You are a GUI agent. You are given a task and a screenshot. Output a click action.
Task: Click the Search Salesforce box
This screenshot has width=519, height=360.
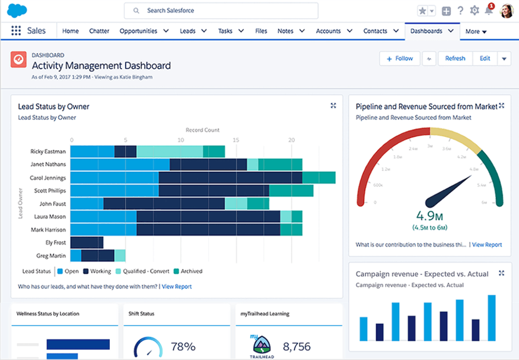(221, 11)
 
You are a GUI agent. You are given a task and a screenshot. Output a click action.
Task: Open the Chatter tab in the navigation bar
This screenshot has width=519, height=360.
(99, 31)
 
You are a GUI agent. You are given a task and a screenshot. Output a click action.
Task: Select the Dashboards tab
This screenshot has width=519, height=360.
(427, 31)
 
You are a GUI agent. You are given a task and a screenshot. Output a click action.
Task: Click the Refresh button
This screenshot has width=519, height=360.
(455, 58)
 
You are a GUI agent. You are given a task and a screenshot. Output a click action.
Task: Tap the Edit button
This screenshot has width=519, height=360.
(485, 58)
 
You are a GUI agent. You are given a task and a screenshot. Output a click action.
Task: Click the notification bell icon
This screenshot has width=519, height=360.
(488, 11)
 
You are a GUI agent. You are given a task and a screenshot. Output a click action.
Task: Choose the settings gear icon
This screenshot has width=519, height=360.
(475, 11)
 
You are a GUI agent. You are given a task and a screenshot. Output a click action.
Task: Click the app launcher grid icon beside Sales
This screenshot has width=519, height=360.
(16, 31)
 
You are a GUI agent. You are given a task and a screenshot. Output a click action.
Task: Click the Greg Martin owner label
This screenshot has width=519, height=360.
(51, 256)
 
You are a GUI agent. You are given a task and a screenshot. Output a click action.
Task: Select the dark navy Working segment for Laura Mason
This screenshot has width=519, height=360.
(208, 216)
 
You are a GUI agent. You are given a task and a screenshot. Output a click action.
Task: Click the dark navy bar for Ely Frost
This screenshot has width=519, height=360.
(87, 242)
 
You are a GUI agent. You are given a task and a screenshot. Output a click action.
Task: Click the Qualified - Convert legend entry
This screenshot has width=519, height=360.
(143, 271)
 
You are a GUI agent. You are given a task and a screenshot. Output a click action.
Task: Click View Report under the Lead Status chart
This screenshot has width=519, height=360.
(177, 287)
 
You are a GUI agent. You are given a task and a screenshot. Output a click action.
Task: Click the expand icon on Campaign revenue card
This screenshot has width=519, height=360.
(502, 273)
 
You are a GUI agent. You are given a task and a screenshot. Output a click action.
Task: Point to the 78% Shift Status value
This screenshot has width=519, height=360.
(183, 346)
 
